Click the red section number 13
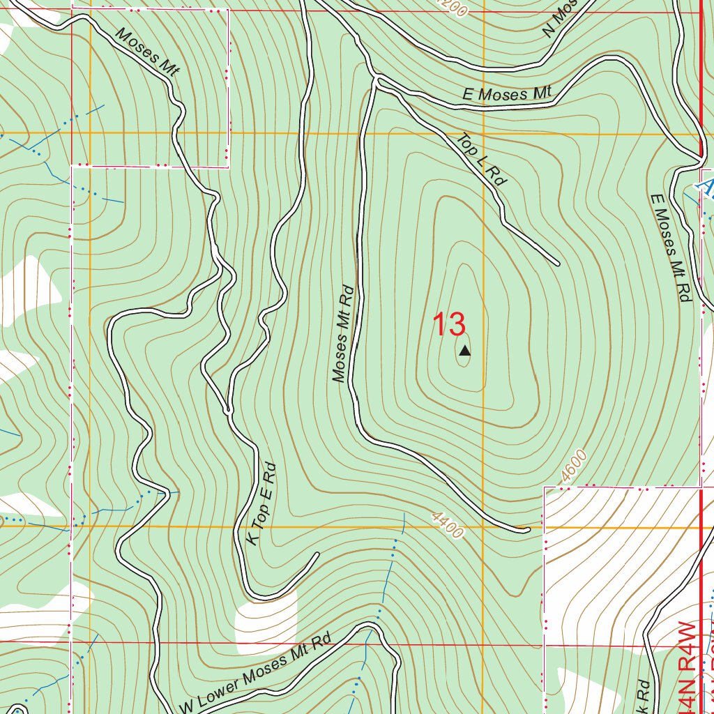(448, 325)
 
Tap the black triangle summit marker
(464, 352)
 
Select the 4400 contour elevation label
(447, 524)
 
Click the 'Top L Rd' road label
(482, 160)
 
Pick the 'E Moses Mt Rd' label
(667, 248)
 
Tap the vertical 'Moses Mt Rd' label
(344, 333)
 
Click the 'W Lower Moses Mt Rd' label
(255, 675)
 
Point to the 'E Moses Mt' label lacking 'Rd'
(508, 93)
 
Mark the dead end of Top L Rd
(557, 264)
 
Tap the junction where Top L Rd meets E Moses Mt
(377, 82)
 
